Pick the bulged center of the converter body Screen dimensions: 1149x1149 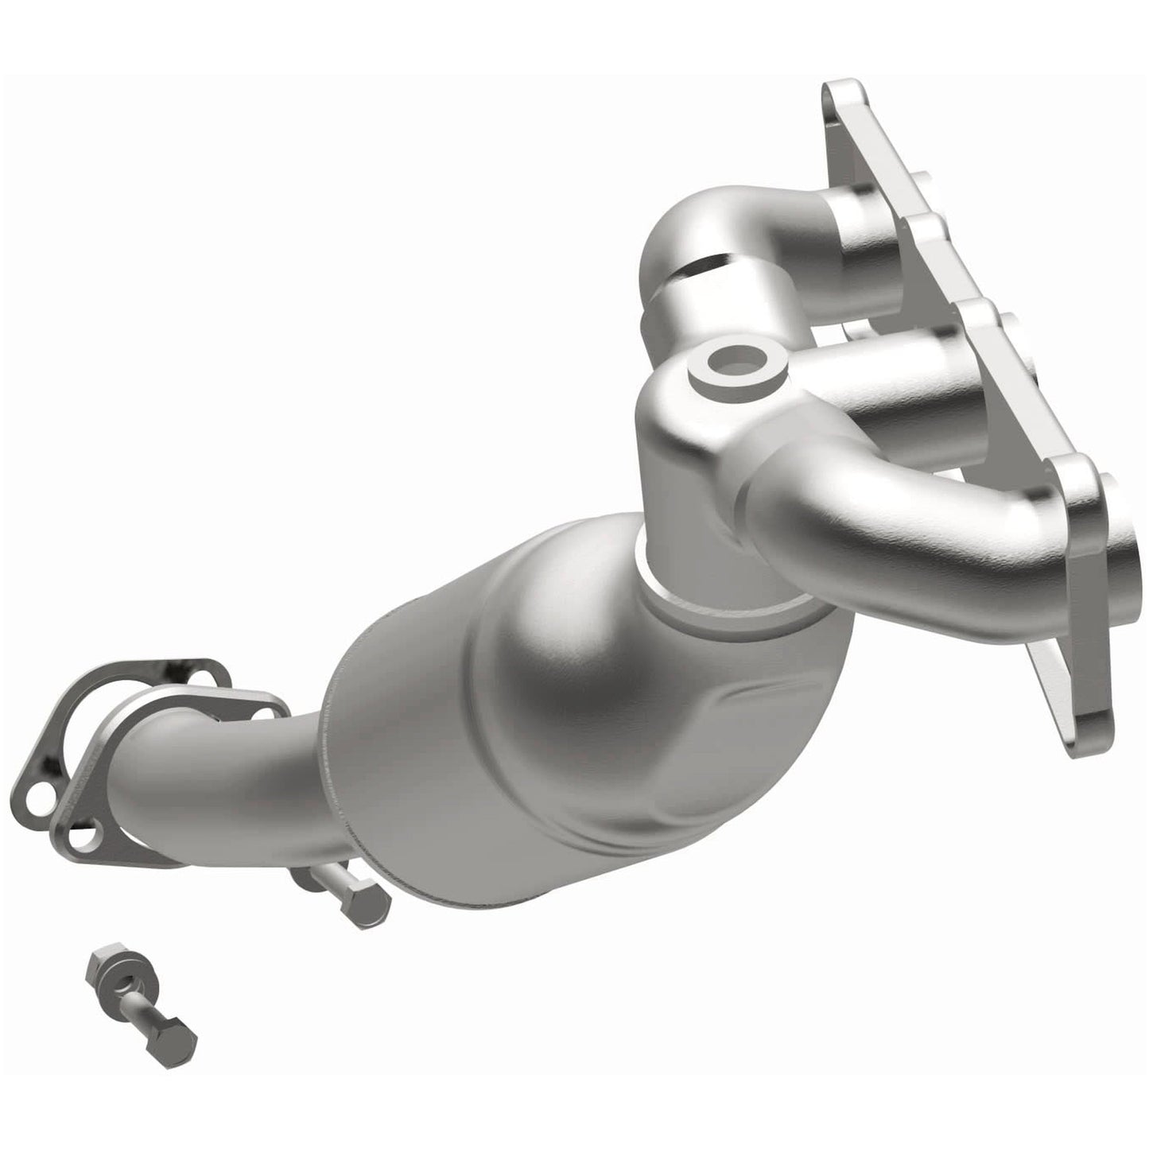(573, 676)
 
